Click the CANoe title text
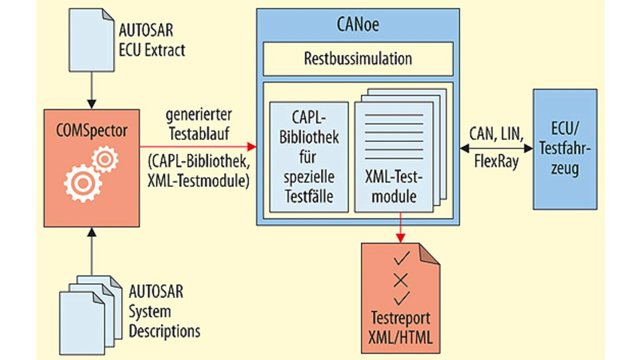pyautogui.click(x=358, y=24)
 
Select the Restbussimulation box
pyautogui.click(x=358, y=59)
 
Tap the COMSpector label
pyautogui.click(x=91, y=131)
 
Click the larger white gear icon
pyautogui.click(x=83, y=183)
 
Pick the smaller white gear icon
pyautogui.click(x=105, y=159)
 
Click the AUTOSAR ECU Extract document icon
pyautogui.click(x=91, y=40)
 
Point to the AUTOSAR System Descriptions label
pyautogui.click(x=164, y=311)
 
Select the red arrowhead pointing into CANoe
pyautogui.click(x=252, y=147)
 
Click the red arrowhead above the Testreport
pyautogui.click(x=400, y=238)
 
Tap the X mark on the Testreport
pyautogui.click(x=401, y=280)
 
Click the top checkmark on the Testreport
pyautogui.click(x=402, y=258)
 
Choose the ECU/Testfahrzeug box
pyautogui.click(x=565, y=149)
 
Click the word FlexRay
pyautogui.click(x=496, y=161)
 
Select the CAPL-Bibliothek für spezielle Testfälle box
pyautogui.click(x=309, y=157)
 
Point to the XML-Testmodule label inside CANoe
pyautogui.click(x=394, y=187)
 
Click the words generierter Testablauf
pyautogui.click(x=199, y=124)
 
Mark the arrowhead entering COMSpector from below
pyautogui.click(x=91, y=232)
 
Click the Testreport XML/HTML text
pyautogui.click(x=400, y=328)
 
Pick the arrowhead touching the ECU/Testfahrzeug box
pyautogui.click(x=529, y=148)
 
